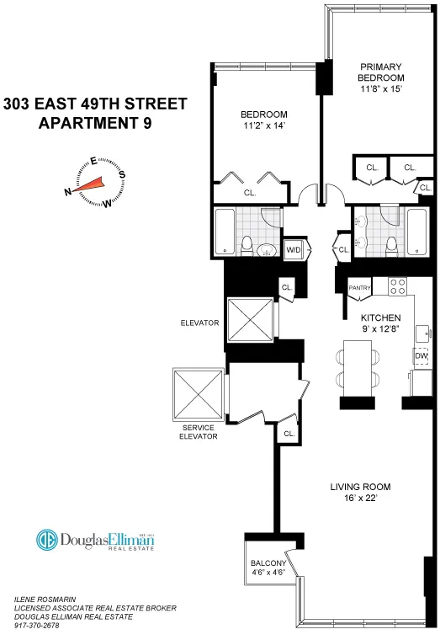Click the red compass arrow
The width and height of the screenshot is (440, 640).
point(93,184)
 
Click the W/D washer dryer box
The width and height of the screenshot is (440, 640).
point(294,250)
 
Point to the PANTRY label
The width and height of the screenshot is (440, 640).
point(360,287)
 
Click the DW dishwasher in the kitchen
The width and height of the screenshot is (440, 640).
point(421,356)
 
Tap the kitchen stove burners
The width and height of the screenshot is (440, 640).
point(397,286)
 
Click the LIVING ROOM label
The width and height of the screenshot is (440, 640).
point(359,487)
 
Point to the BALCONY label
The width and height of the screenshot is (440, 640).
point(268,563)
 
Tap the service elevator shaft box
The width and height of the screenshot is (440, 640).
point(195,393)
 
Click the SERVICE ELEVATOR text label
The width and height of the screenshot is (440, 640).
point(198,433)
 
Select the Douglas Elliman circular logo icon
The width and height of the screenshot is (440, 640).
point(46,540)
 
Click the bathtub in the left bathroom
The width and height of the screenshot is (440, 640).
point(226,232)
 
